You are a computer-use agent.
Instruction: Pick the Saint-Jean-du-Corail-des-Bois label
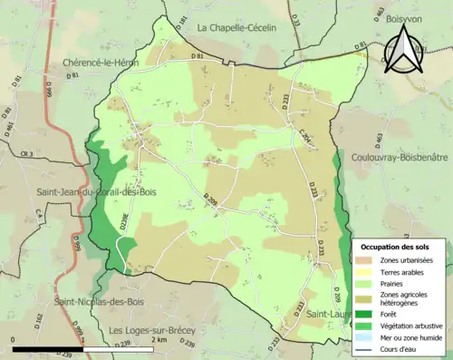95,192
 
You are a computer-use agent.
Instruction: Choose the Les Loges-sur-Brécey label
152,330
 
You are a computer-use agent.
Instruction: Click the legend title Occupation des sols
395,247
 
